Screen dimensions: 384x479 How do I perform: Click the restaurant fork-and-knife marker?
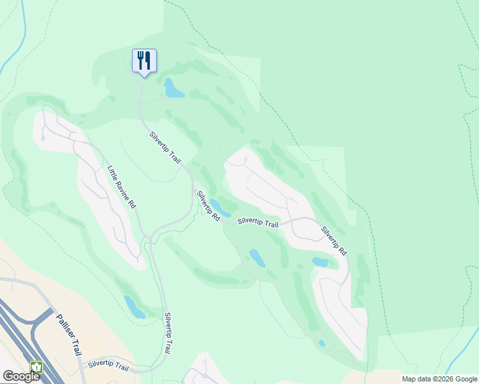click(x=144, y=61)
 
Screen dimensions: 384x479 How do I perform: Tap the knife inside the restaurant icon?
click(x=148, y=61)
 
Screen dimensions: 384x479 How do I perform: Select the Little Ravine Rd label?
click(x=122, y=188)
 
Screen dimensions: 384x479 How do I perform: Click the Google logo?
click(x=21, y=376)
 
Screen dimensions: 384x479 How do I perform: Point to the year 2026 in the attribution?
click(x=443, y=379)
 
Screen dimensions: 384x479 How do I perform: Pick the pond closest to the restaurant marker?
click(x=173, y=88)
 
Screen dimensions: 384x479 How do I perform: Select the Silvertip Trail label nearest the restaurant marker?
click(x=165, y=147)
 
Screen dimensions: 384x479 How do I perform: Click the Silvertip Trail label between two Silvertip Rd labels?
click(x=258, y=223)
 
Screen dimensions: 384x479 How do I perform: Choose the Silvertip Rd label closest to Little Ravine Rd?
click(x=208, y=206)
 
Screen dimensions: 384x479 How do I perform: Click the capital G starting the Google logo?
click(x=8, y=376)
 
